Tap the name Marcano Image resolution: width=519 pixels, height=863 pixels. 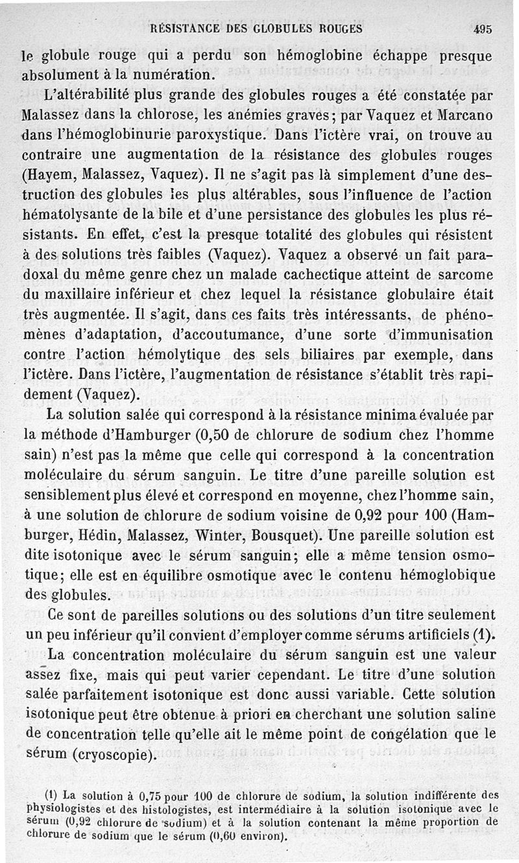465,116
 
